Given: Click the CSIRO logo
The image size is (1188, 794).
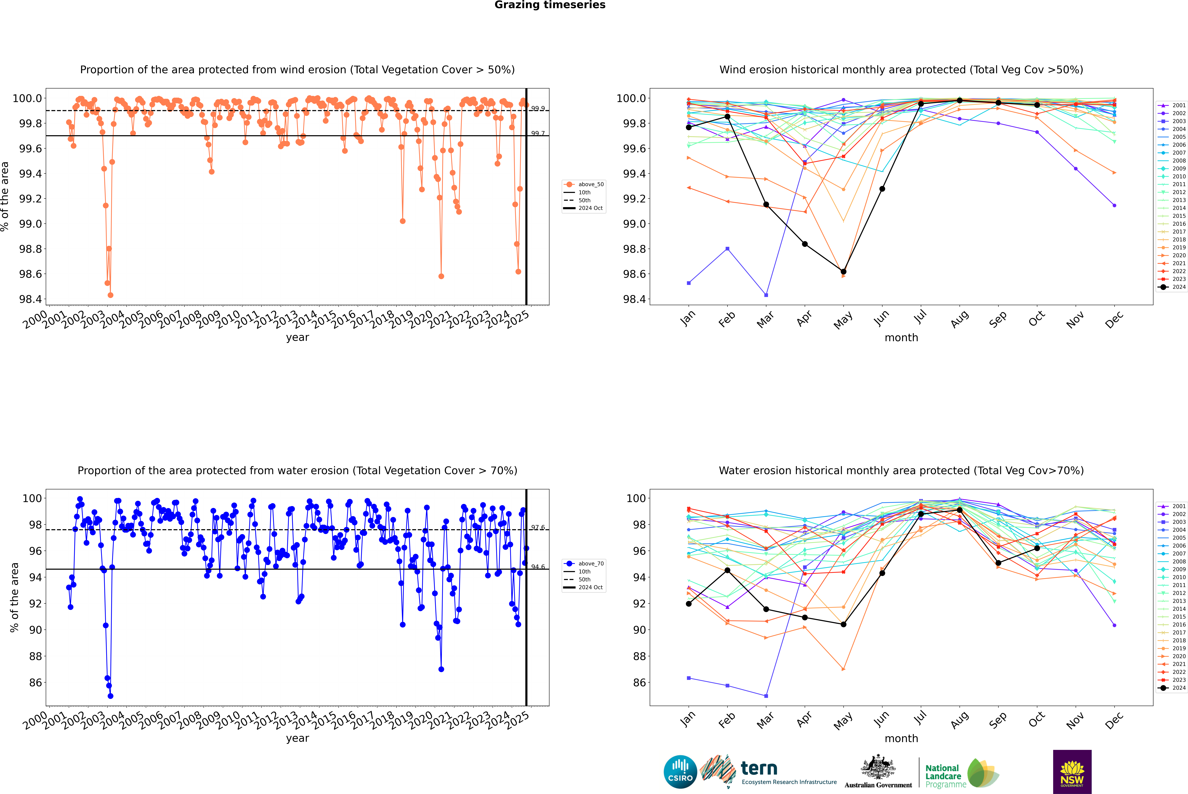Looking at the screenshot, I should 680,772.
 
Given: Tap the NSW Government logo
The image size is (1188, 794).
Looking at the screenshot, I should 1072,772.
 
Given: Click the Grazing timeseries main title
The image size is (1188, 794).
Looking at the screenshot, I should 550,5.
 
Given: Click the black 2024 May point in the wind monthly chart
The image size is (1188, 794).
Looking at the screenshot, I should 843,272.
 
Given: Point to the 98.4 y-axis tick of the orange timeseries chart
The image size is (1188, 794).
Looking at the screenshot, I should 30,299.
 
